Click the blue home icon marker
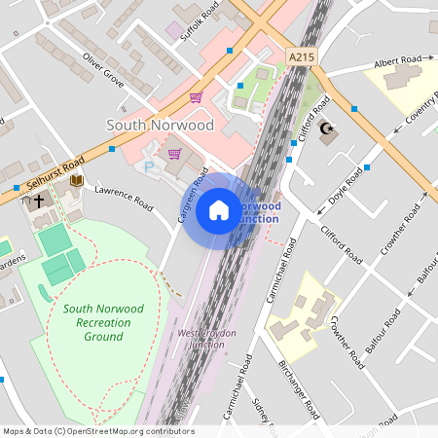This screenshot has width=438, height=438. [x=219, y=209]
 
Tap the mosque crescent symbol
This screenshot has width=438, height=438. [x=326, y=128]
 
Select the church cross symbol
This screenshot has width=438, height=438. [x=38, y=201]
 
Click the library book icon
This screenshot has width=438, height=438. [x=76, y=181]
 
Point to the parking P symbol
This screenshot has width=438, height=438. [x=149, y=167]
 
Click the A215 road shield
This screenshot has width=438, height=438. [x=302, y=58]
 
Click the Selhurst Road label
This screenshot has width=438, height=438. [x=49, y=174]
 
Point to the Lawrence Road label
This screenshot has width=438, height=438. [x=124, y=198]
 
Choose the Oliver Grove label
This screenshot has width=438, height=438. [x=103, y=70]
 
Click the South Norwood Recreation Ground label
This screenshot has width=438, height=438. [x=102, y=322]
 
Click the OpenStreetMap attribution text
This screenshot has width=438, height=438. [x=97, y=431]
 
